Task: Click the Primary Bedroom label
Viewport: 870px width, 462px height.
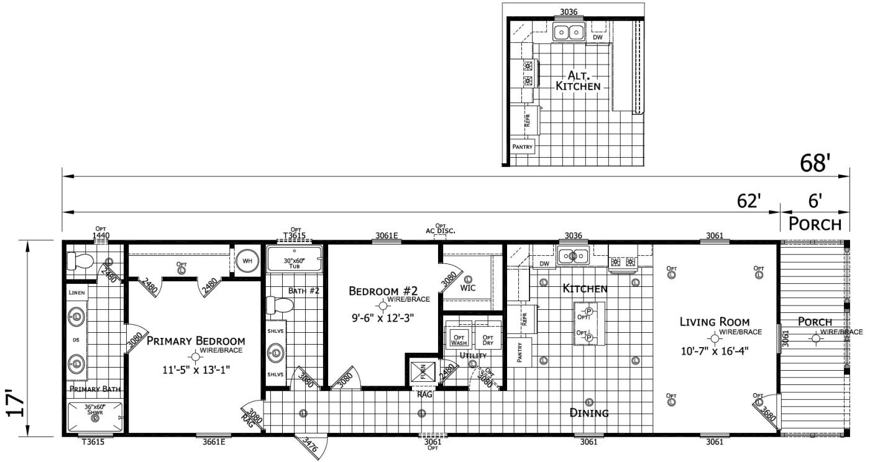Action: click(x=196, y=341)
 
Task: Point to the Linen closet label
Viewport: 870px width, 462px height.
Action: click(x=76, y=292)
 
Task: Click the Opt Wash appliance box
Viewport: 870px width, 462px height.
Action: click(x=459, y=339)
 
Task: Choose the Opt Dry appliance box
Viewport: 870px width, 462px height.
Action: click(x=488, y=339)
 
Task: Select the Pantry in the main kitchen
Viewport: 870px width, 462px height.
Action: click(x=520, y=352)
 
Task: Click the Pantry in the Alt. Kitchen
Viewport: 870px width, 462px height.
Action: click(x=522, y=147)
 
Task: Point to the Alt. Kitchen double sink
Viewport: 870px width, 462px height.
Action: click(x=569, y=32)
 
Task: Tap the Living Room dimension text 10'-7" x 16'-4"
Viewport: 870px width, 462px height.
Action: click(x=715, y=350)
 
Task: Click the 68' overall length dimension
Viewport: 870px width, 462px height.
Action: click(x=815, y=163)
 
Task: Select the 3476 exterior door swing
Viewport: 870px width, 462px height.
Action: click(x=308, y=446)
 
